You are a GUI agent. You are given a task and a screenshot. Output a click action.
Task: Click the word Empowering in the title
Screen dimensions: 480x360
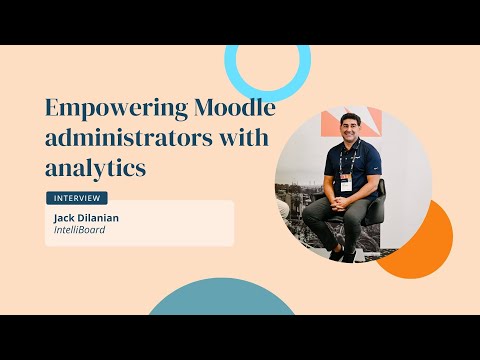click(x=117, y=109)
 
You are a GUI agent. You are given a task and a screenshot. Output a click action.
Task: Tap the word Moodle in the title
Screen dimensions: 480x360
click(x=235, y=107)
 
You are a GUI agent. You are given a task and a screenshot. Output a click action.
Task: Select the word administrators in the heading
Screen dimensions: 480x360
click(x=128, y=137)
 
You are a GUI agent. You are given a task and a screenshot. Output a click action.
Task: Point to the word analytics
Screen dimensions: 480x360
click(x=96, y=168)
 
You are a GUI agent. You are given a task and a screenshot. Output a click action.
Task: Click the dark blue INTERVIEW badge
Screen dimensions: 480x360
click(x=77, y=198)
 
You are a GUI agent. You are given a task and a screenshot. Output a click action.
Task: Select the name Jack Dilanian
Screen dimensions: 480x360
click(x=86, y=218)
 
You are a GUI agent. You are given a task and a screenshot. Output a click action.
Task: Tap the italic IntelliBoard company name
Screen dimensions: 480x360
click(x=80, y=230)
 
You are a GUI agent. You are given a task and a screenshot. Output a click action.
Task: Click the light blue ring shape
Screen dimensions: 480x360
click(x=268, y=95)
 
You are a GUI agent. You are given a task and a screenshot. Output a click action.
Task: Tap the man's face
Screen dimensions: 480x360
click(x=350, y=128)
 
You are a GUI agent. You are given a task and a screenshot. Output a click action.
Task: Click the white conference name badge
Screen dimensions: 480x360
click(x=346, y=183)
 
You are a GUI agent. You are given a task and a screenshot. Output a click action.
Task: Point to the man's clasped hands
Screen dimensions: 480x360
click(x=340, y=203)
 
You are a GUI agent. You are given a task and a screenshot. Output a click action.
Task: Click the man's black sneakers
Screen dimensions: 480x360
click(x=343, y=254)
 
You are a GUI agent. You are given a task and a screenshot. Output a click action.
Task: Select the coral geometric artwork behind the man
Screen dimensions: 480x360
click(x=351, y=121)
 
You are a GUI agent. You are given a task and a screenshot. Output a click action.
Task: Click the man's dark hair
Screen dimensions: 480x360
click(x=350, y=117)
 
